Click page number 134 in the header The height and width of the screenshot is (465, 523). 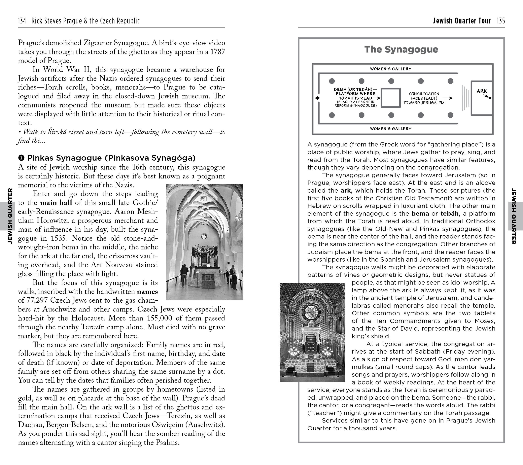22,21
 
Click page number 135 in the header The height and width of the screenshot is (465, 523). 501,21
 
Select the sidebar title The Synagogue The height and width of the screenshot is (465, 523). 401,49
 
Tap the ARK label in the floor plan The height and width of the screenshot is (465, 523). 482,91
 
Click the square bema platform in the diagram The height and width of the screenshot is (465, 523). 391,98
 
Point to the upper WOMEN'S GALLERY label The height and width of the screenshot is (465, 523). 391,69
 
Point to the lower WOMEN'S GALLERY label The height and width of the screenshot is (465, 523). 391,129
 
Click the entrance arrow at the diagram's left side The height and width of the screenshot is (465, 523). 318,98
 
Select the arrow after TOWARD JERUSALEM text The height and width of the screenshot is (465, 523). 448,98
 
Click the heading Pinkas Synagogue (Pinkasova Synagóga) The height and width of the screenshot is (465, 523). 111,158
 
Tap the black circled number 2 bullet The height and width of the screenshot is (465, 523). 22,158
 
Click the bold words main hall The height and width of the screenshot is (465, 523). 56,203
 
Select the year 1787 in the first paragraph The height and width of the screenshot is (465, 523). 217,52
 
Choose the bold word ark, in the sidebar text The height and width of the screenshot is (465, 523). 346,191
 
